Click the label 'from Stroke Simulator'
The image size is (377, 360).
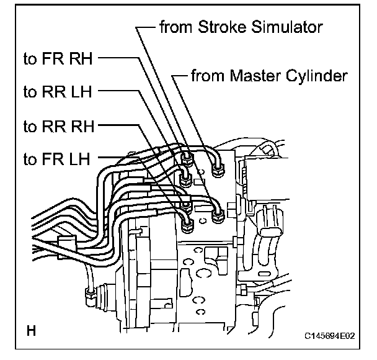click(241, 27)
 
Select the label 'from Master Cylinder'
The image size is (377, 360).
click(269, 76)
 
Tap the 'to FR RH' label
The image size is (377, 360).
click(58, 58)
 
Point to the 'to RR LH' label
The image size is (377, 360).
click(58, 92)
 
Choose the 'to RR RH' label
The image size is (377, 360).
click(59, 126)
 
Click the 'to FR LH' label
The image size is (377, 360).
click(57, 159)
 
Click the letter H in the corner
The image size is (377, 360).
click(31, 331)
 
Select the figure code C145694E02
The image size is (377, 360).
click(329, 336)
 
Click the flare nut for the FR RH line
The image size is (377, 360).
click(187, 159)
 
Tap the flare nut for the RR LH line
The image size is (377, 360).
click(186, 179)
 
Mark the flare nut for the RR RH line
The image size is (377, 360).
click(187, 205)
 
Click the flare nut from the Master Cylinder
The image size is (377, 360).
click(218, 170)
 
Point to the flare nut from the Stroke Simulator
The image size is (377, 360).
click(218, 216)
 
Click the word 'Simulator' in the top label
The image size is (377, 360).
click(287, 27)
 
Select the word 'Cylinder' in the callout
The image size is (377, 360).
click(317, 76)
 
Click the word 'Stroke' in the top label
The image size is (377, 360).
click(222, 27)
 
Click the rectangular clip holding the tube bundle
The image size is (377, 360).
click(67, 243)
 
